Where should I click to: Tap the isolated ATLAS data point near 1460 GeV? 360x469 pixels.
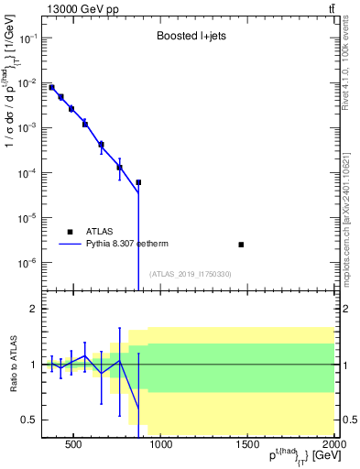click(241, 245)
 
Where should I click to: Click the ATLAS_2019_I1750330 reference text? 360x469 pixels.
click(190, 274)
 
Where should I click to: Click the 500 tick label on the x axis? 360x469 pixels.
click(74, 447)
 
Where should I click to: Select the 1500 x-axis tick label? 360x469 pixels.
click(248, 447)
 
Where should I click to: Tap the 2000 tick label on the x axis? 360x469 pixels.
click(334, 447)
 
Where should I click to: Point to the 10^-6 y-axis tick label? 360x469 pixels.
click(28, 263)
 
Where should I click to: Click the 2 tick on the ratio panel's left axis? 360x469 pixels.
click(33, 309)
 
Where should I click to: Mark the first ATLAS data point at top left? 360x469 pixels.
click(51, 88)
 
